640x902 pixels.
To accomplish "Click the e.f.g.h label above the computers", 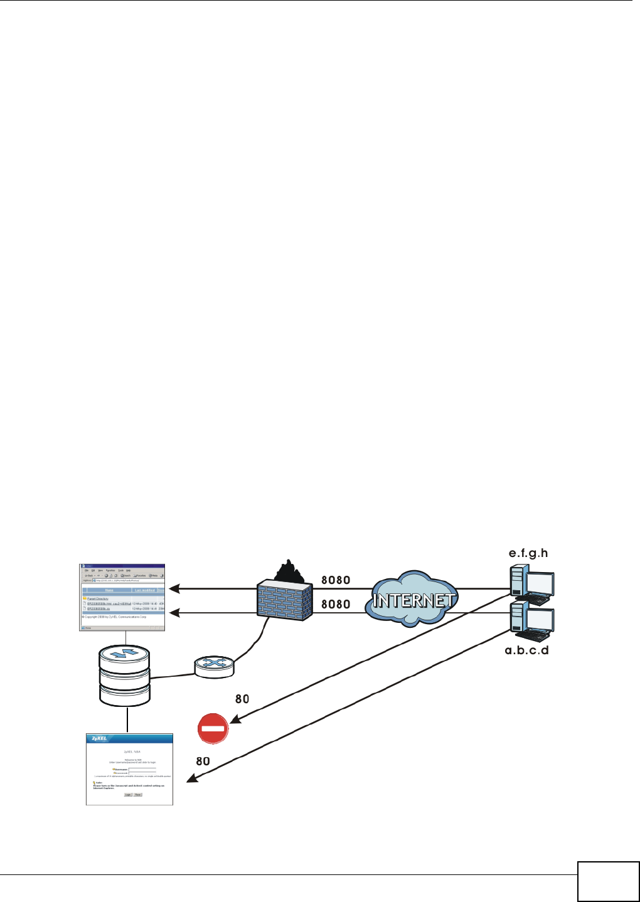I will [528, 553].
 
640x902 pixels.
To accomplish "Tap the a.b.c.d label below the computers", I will [526, 650].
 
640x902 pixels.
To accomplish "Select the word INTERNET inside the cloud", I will [414, 600].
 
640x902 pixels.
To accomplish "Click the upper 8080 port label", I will [336, 580].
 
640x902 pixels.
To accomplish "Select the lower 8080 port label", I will [336, 604].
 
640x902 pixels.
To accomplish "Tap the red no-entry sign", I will [213, 729].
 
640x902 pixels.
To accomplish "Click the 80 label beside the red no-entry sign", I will [242, 699].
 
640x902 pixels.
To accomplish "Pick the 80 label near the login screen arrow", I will [203, 761].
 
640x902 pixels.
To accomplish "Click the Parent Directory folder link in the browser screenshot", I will [97, 598].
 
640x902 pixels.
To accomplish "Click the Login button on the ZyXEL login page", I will [127, 795].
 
